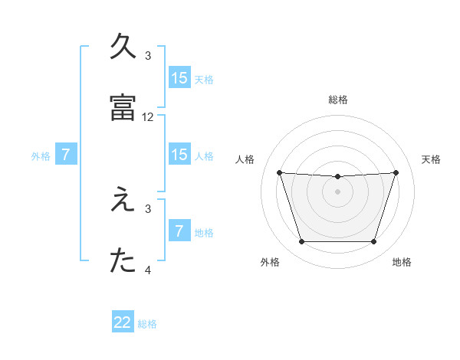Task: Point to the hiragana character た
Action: [123, 260]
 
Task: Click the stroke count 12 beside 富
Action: [148, 117]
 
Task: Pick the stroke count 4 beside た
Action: [148, 270]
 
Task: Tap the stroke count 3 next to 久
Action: [148, 55]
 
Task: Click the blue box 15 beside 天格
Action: [179, 78]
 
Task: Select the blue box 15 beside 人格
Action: [179, 155]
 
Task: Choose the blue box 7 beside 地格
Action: [179, 231]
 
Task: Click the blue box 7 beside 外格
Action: [66, 155]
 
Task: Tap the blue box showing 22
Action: [123, 322]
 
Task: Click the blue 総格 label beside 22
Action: [147, 324]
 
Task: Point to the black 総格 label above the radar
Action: [337, 100]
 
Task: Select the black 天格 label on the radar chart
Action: [431, 159]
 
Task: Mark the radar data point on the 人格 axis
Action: [279, 172]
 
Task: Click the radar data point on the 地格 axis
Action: [373, 242]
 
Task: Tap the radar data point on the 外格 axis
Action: [301, 242]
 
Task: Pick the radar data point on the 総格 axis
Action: [337, 177]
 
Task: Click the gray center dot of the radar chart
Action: [337, 191]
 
